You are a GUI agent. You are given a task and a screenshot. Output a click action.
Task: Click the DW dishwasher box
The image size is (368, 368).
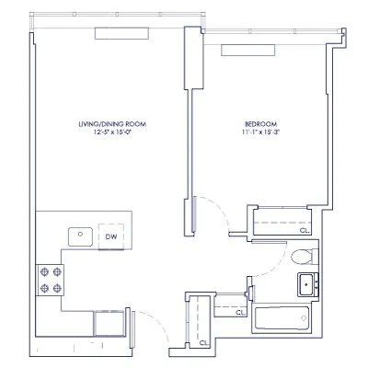pos(110,236)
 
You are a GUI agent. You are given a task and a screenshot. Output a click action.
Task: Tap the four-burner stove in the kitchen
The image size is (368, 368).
pos(49,279)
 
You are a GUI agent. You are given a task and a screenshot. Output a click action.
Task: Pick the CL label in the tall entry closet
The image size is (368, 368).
pos(203,342)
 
